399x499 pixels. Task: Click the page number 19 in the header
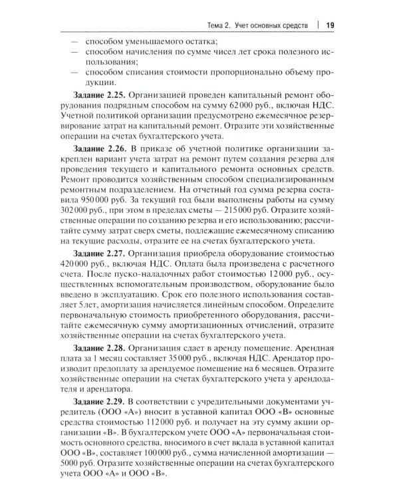pyautogui.click(x=331, y=25)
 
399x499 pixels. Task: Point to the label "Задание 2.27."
pyautogui.click(x=101, y=272)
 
